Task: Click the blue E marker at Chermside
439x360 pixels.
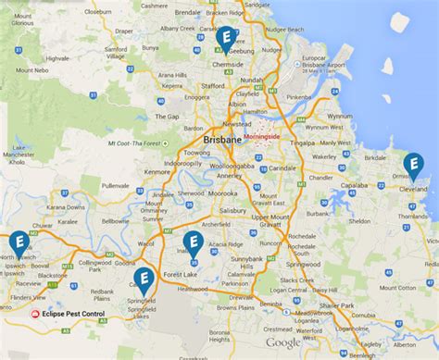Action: (x=226, y=39)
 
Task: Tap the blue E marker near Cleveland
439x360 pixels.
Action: (x=414, y=166)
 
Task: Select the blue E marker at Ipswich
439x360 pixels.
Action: (x=18, y=244)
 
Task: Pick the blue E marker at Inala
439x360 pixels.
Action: (x=192, y=243)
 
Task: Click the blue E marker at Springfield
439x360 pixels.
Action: (x=144, y=279)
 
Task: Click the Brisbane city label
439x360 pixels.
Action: (x=220, y=138)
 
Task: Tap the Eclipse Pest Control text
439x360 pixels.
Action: (x=75, y=314)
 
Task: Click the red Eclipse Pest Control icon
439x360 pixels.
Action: (x=36, y=314)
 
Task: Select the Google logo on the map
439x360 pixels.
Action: (x=283, y=342)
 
